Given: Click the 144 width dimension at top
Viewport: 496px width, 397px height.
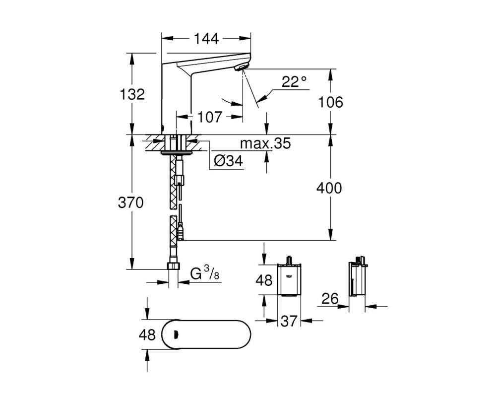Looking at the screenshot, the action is coord(206,39).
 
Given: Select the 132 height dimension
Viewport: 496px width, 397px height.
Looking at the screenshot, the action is coord(132,94).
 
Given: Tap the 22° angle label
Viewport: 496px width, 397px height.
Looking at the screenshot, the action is coord(294,82).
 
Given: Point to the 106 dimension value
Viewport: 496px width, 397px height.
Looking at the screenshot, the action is coord(330,102).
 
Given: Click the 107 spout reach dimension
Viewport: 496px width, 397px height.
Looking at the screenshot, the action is coord(210,117).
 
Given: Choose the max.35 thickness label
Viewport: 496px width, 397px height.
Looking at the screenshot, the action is coord(265,143).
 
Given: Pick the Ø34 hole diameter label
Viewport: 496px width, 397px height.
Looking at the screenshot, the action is coord(228,161).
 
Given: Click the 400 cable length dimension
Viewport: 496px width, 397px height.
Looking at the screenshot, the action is coord(329,188).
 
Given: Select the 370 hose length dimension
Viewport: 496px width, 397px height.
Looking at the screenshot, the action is coord(130,202).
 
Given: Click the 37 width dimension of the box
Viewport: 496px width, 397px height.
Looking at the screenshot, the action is coord(289,321).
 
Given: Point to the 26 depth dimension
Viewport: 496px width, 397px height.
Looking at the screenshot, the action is coord(330,299).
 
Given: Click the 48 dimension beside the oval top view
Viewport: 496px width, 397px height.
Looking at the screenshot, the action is coord(147,334).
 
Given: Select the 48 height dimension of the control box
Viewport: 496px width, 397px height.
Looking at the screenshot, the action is coord(264,280).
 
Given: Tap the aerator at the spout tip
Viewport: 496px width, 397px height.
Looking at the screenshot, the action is coord(242,66).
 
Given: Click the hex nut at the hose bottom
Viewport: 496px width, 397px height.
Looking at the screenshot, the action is coord(173,266).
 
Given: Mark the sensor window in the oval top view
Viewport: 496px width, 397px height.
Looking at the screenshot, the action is coord(176,334).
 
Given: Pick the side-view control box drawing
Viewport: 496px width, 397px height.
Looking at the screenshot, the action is coord(357,276).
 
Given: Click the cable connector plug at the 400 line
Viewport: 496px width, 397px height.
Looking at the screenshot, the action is coord(181,231).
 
